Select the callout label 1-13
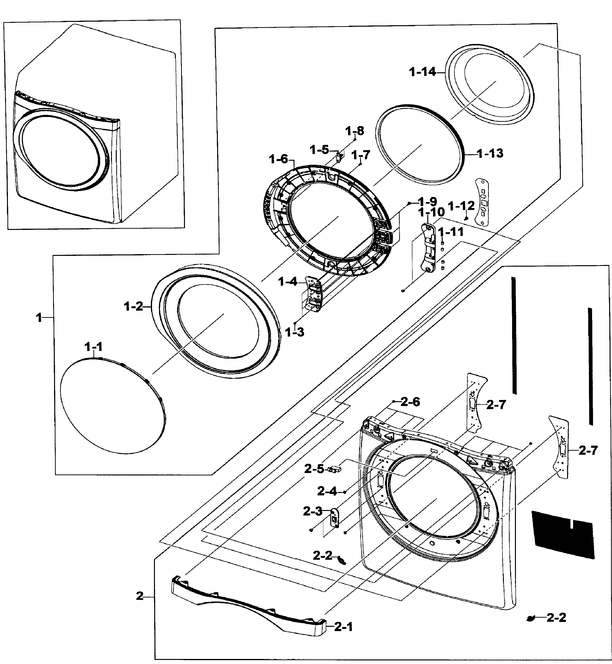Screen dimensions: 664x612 (x=490, y=153)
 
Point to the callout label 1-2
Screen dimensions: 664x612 (x=134, y=307)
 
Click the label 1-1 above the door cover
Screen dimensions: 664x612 (x=93, y=347)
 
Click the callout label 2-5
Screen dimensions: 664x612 (x=314, y=469)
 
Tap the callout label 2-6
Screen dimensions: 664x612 (x=410, y=402)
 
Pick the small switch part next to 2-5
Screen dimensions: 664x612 (x=335, y=469)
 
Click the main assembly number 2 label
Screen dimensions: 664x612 (x=140, y=596)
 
